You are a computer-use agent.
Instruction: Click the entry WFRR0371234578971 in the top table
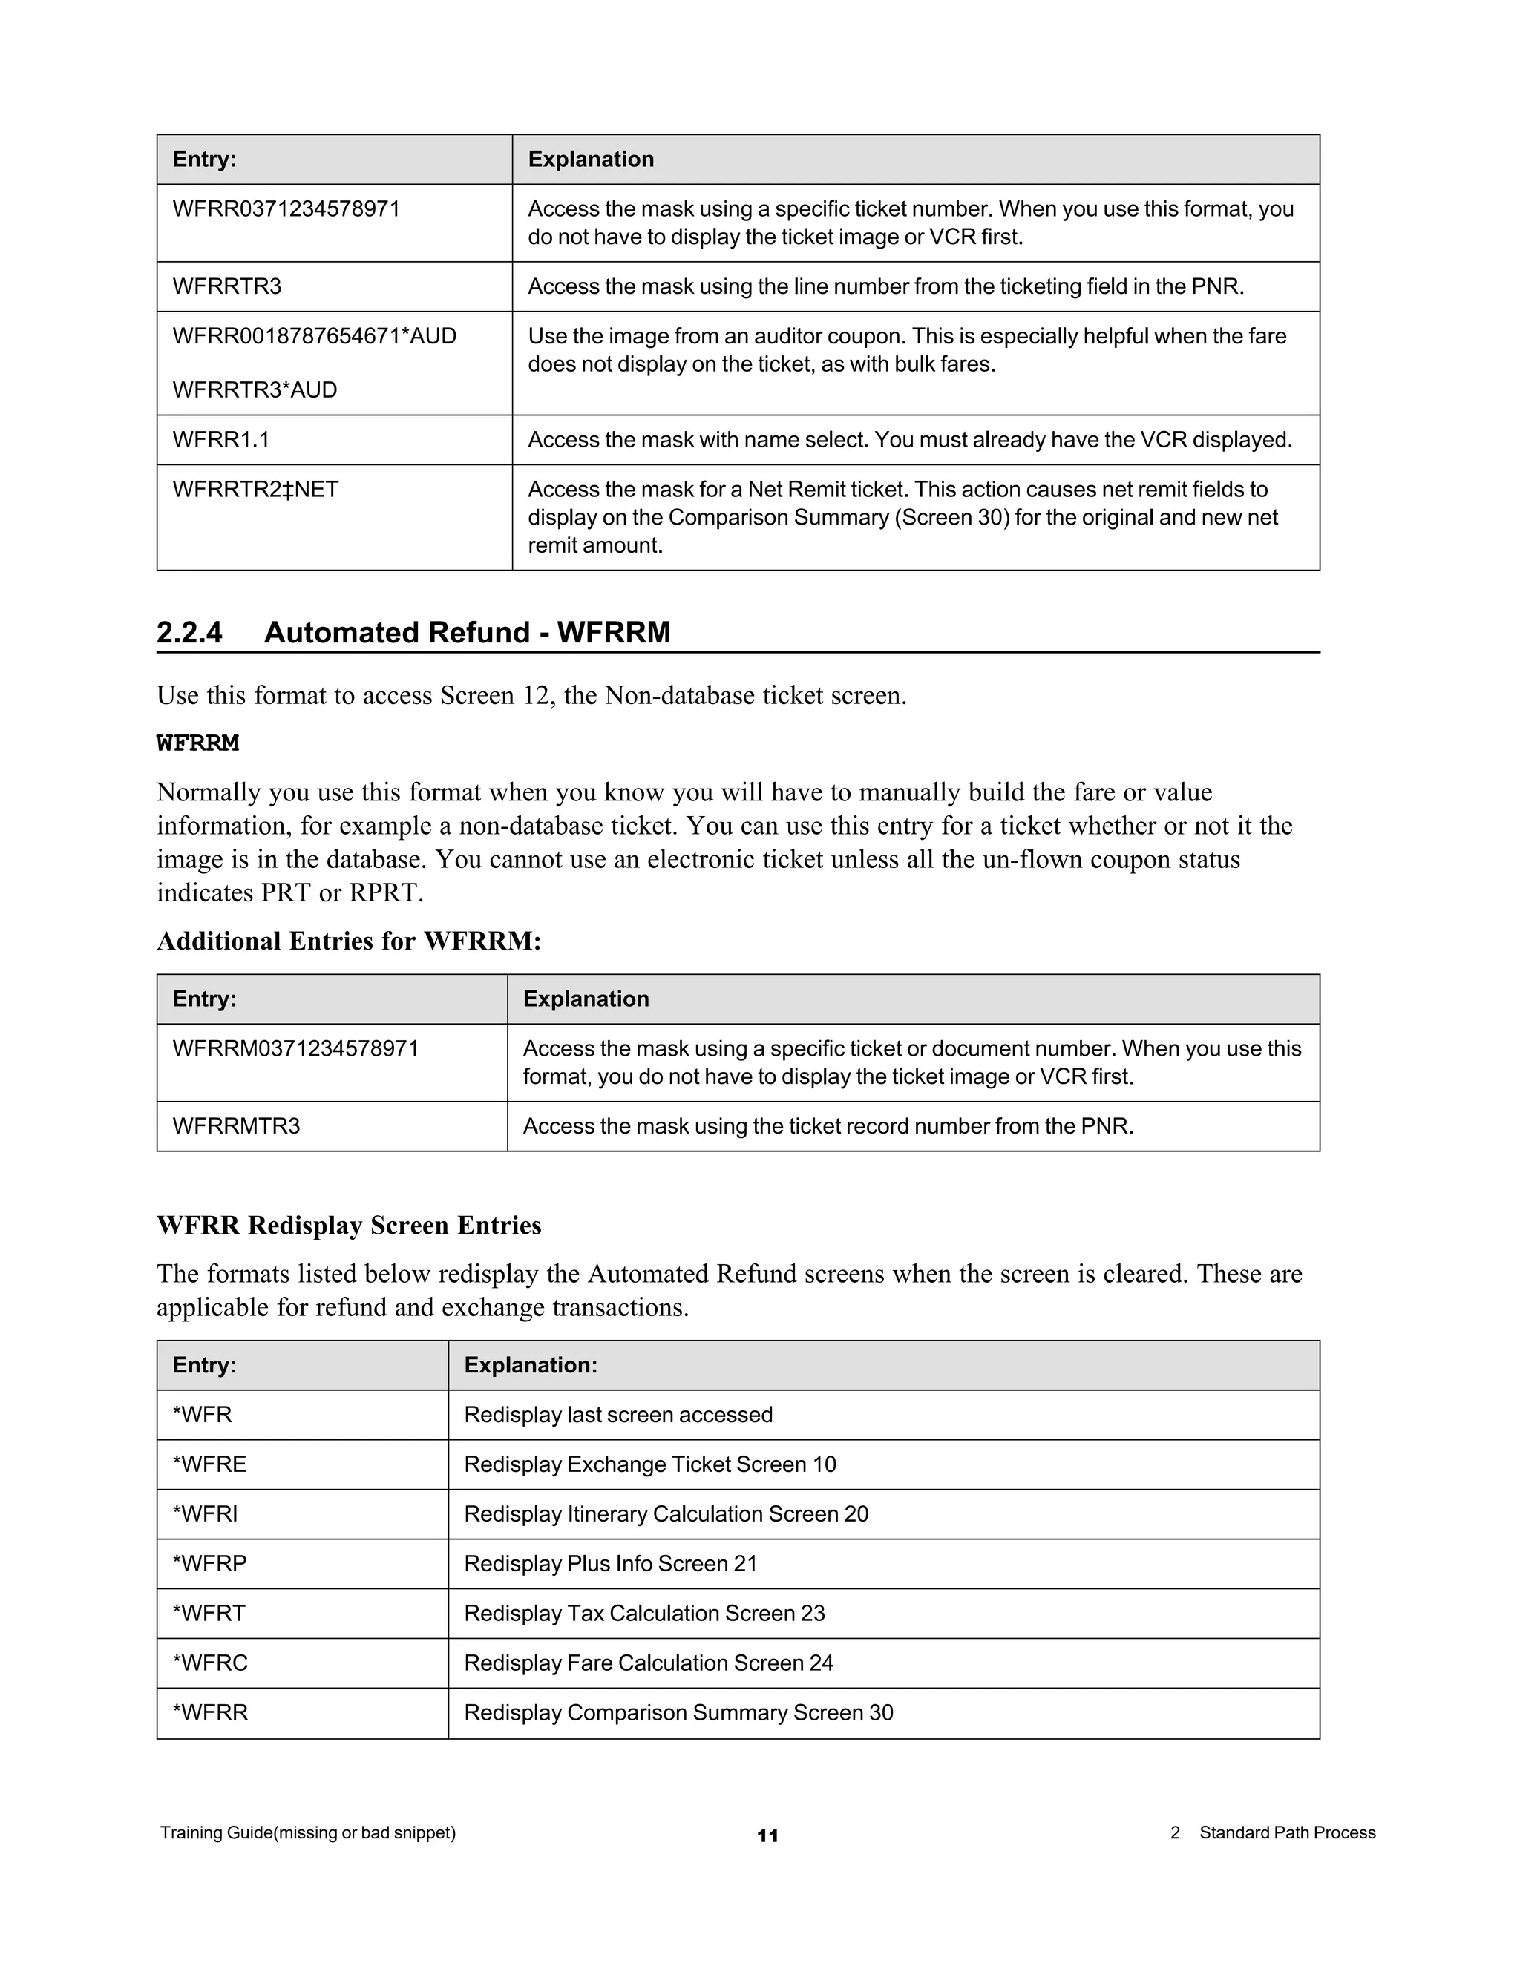point(286,209)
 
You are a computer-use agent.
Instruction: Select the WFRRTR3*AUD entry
point(255,389)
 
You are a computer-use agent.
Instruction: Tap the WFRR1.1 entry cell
point(221,439)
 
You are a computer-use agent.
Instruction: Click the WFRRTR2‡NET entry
point(256,489)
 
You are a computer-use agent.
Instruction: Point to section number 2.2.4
point(189,632)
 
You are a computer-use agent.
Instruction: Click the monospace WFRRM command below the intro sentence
point(198,743)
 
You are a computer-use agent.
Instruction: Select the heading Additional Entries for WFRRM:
point(350,941)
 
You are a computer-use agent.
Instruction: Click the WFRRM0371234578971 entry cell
point(295,1049)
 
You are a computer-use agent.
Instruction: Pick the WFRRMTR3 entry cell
point(236,1126)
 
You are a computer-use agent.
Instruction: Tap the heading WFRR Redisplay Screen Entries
point(350,1225)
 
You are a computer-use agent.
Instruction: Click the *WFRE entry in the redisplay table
point(210,1464)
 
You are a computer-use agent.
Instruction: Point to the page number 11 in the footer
point(767,1835)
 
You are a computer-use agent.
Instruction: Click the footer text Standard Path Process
point(1287,1832)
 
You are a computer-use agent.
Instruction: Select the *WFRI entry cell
point(206,1513)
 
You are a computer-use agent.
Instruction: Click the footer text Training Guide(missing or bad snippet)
point(308,1832)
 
